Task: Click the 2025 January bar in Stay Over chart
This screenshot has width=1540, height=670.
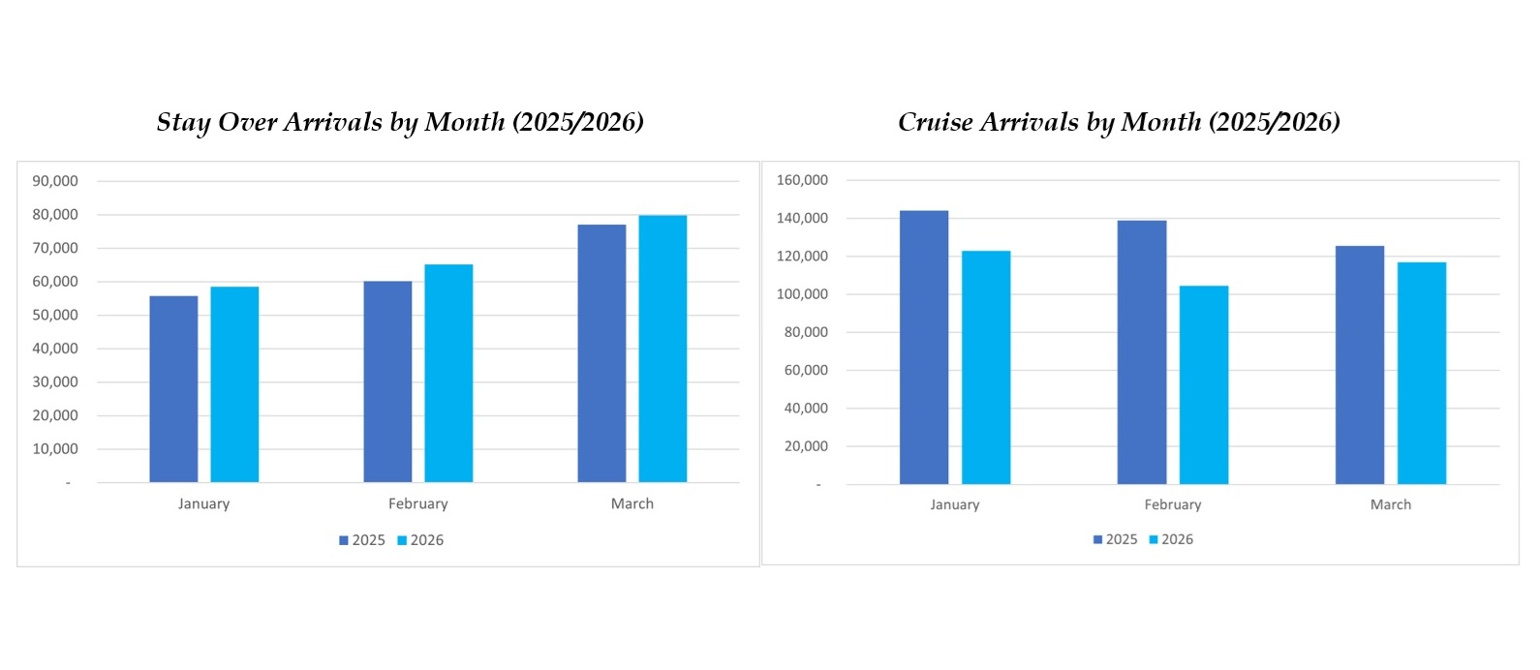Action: pos(173,389)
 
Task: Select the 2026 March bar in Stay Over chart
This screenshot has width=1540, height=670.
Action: pos(662,349)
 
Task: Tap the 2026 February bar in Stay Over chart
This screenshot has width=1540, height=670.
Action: pos(448,373)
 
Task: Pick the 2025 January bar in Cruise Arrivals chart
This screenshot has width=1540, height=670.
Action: pos(924,348)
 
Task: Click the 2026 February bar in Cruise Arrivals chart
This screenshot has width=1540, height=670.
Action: pos(1204,384)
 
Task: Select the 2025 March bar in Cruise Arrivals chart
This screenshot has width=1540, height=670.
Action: pos(1360,365)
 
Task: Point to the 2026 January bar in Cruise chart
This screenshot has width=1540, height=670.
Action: pos(986,367)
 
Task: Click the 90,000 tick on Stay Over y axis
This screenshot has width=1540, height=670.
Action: pos(55,181)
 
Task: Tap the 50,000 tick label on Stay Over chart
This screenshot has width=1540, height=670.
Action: pos(55,315)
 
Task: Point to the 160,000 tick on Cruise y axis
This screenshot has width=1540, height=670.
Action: pos(802,180)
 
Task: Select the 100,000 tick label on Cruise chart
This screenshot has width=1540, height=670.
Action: pos(802,294)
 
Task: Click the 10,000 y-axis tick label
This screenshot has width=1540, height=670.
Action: pos(55,449)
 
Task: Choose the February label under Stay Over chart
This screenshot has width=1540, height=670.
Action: pos(418,503)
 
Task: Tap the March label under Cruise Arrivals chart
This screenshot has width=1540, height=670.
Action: pos(1390,504)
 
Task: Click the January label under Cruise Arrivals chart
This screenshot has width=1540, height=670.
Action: pos(955,504)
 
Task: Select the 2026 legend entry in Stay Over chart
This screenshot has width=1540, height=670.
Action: pos(421,540)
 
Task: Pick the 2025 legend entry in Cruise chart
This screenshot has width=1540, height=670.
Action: pos(1116,539)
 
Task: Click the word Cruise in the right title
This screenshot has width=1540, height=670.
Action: pos(936,122)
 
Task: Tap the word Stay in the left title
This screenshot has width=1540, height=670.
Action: pos(183,123)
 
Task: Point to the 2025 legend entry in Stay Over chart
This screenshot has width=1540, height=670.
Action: pos(362,540)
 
